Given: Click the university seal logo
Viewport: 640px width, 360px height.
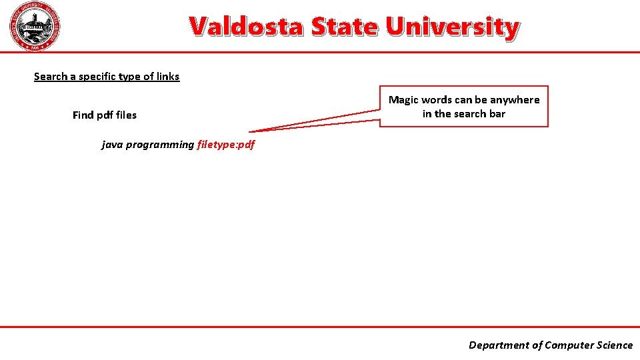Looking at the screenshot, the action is coord(36,27).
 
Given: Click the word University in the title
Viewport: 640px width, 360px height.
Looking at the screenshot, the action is coord(452,27).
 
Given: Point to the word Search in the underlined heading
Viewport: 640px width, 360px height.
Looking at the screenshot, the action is coord(50,77).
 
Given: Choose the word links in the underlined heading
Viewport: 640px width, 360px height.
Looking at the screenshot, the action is coord(167,77).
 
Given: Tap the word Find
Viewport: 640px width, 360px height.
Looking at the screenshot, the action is coord(83,115).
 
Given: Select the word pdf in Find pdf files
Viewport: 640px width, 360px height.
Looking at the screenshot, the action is coord(105,115).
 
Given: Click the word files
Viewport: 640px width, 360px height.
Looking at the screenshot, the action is coord(126,115).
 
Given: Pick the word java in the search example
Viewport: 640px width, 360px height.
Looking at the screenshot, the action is coord(112,145).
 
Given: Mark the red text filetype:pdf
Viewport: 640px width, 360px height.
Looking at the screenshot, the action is coord(226,145).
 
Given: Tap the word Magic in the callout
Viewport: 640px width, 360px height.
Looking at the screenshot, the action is coord(403,100).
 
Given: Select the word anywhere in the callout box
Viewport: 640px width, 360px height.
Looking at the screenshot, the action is coord(515,100).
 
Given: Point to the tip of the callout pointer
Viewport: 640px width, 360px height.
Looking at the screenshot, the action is coord(250,132).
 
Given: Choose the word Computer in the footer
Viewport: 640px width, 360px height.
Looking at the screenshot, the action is coord(567,345).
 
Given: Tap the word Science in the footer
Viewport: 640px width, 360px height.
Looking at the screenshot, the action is coord(613,345).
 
